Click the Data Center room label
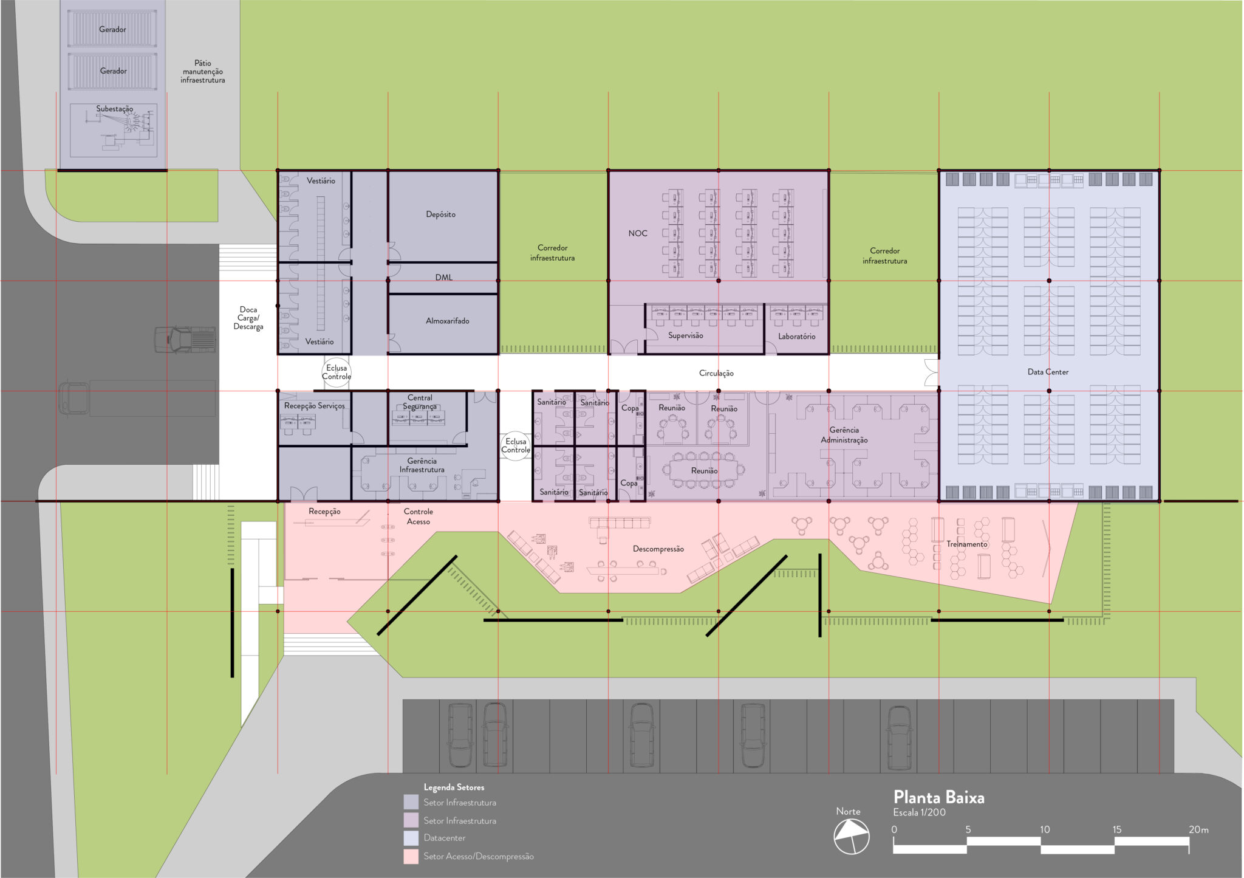[x=1048, y=372]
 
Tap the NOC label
[x=638, y=233]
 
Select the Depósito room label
[x=440, y=214]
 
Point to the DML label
[x=444, y=277]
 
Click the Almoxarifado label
[x=447, y=321]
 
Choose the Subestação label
[x=114, y=109]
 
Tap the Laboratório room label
[x=796, y=336]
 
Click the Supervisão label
[x=685, y=335]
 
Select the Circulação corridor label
[x=716, y=373]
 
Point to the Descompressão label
[x=658, y=549]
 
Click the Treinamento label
[x=966, y=544]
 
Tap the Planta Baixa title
[x=938, y=797]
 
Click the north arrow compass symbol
[x=851, y=837]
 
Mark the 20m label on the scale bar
[x=1198, y=829]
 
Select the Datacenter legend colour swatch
[x=411, y=839]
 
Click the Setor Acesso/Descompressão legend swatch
[x=411, y=857]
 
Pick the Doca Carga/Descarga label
[x=248, y=318]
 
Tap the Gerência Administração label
[x=844, y=435]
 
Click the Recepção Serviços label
[x=314, y=406]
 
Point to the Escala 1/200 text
[x=919, y=812]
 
